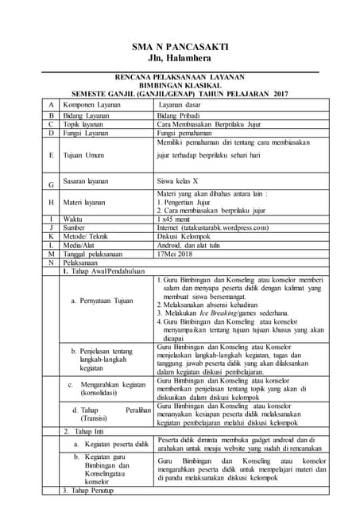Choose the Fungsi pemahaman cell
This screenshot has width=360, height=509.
coord(190,133)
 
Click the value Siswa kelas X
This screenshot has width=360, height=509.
coord(183,181)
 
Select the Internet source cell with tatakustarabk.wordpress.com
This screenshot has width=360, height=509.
coord(224,227)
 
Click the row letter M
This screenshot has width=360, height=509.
coord(50,254)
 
